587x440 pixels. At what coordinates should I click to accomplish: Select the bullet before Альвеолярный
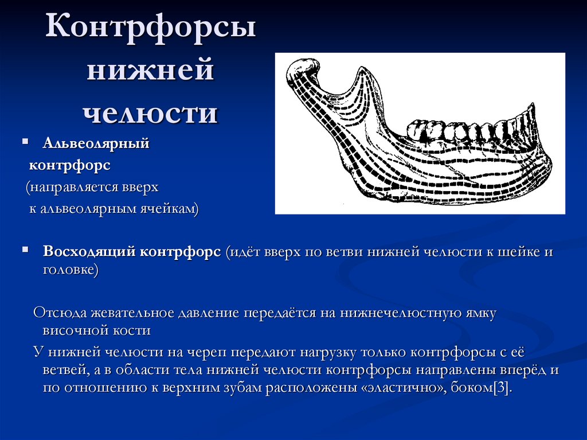[25, 141]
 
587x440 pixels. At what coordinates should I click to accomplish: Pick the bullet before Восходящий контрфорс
[25, 251]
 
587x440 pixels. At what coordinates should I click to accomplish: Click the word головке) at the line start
[71, 270]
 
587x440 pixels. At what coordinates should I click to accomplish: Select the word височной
[71, 330]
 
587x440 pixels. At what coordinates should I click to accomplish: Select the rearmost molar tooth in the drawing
[421, 130]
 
